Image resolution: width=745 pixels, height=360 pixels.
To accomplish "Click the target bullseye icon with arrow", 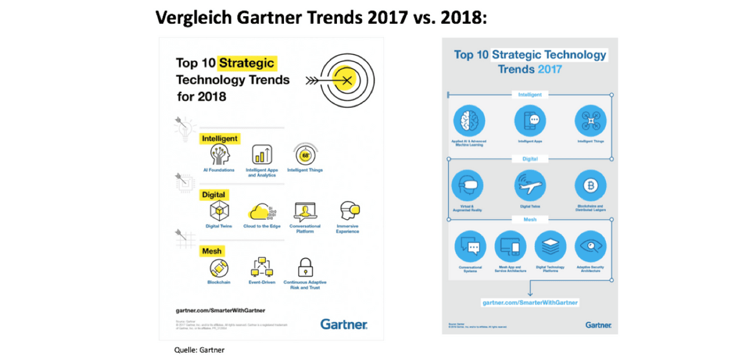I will (x=345, y=79).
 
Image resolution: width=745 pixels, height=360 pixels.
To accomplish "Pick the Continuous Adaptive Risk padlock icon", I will (x=305, y=267).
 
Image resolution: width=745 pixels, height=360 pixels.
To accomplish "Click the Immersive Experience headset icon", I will (x=349, y=211).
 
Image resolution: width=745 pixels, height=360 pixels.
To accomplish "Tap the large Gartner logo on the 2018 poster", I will (x=344, y=324).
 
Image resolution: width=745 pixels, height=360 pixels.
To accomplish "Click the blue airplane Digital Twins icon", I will (x=528, y=185).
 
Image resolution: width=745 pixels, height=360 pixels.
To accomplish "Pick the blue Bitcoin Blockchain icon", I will (x=588, y=185).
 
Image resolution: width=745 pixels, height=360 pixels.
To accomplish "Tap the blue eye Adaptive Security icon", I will (x=588, y=246).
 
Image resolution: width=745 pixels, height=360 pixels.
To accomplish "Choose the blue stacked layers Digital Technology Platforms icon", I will (x=548, y=246).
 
